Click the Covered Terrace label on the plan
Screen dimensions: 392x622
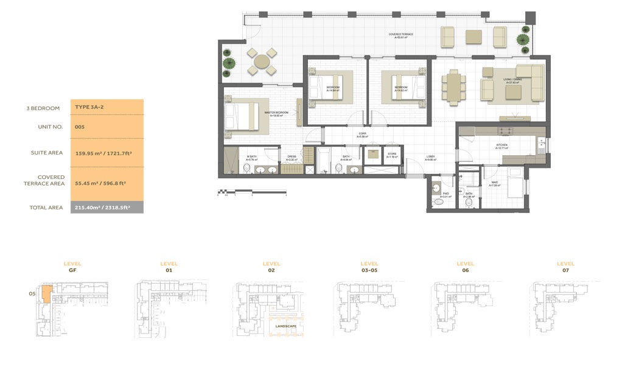pos(400,35)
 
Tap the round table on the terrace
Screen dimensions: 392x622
pos(262,61)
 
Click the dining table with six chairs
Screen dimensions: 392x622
pos(453,86)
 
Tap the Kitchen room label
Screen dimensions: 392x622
pos(502,146)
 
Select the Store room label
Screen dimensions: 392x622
pos(392,155)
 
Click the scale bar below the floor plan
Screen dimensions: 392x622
pos(251,193)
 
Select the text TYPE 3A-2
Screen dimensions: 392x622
pos(88,107)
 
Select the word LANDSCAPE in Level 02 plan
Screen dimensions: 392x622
pos(285,326)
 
